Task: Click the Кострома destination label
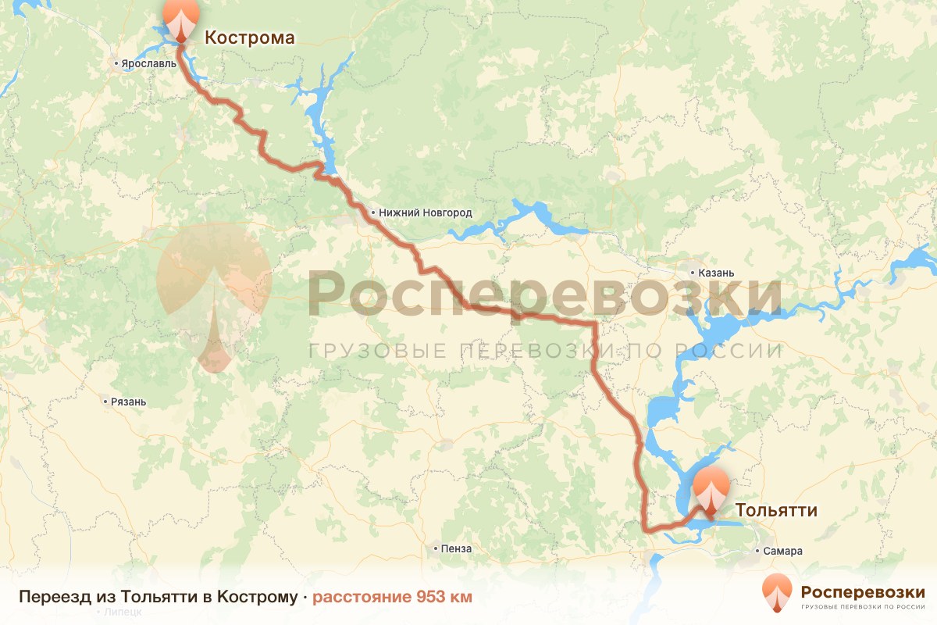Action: [250, 37]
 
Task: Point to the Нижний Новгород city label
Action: [426, 212]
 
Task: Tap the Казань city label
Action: [716, 273]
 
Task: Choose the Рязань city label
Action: [129, 402]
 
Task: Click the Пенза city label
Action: [456, 548]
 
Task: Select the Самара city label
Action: [783, 551]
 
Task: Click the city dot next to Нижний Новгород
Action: [372, 212]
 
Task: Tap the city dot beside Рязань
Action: [105, 402]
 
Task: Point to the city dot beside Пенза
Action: [436, 548]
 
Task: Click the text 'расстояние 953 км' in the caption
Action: [393, 597]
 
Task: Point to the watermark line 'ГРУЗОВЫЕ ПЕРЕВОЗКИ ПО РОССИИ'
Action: [545, 351]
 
